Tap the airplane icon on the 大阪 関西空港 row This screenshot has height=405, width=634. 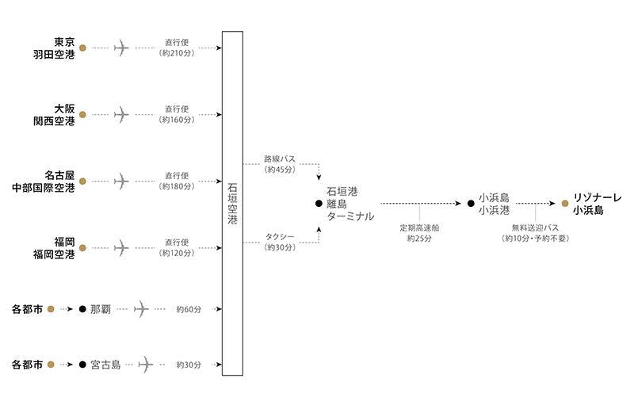click(121, 114)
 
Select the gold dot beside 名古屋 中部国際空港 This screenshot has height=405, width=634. click(83, 181)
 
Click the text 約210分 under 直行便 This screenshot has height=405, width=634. click(178, 54)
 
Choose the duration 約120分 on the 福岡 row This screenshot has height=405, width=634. click(178, 254)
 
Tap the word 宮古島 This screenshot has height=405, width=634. click(105, 365)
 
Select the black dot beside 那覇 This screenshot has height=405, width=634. click(82, 308)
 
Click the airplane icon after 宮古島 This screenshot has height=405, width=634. click(145, 365)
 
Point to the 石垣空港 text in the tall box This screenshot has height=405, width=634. click(232, 203)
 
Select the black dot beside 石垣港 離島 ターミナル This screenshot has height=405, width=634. click(319, 204)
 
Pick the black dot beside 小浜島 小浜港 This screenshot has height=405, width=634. click(472, 204)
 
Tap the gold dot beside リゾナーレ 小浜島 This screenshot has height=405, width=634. click(565, 204)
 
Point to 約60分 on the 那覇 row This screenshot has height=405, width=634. click(189, 308)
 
